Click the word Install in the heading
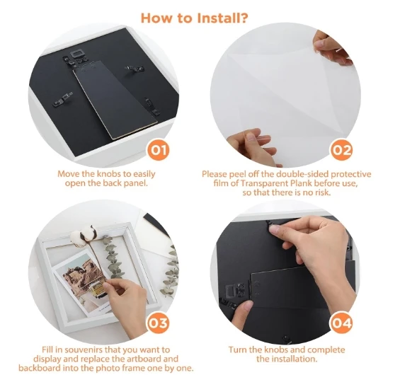coord(218,18)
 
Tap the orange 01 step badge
coord(159,150)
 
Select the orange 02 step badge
coord(342,150)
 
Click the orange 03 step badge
coord(159,323)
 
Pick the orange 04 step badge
coord(341,323)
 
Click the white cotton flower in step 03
coord(84,235)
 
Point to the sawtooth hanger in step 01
coord(76,54)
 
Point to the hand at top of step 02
coord(331,48)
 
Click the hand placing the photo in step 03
coord(125,304)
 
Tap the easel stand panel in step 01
coord(115,99)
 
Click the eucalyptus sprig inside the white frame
coord(113,258)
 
